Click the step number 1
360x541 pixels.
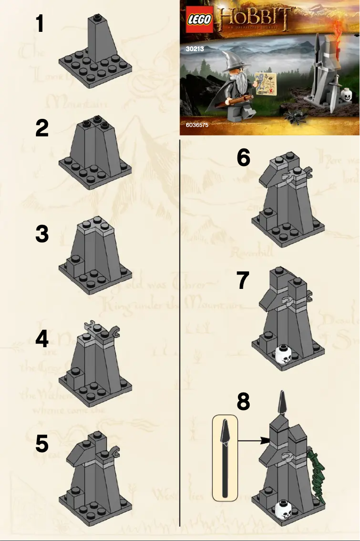click(x=40, y=23)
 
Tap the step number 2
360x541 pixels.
click(x=42, y=129)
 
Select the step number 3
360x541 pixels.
click(x=42, y=235)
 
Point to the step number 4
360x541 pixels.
click(x=42, y=339)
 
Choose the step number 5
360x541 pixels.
click(x=42, y=445)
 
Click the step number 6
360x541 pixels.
click(x=243, y=158)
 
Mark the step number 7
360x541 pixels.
click(x=243, y=281)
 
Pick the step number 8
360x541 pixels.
click(x=243, y=402)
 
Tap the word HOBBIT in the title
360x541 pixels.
click(x=255, y=18)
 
